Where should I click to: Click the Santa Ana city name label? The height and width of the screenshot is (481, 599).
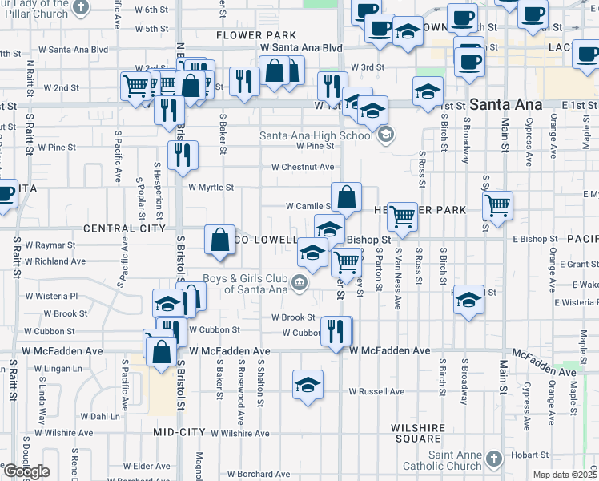click(507, 105)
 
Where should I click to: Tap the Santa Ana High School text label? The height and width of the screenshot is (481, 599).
click(317, 135)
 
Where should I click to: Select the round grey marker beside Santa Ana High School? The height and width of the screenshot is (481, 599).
click(385, 135)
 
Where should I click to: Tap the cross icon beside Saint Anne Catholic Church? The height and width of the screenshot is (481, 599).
click(494, 459)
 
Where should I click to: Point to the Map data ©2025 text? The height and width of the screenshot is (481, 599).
click(565, 475)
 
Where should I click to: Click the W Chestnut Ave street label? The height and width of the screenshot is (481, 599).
click(302, 167)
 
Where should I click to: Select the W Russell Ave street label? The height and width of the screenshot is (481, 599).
click(376, 391)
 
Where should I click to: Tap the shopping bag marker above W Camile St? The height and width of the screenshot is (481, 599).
click(346, 197)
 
